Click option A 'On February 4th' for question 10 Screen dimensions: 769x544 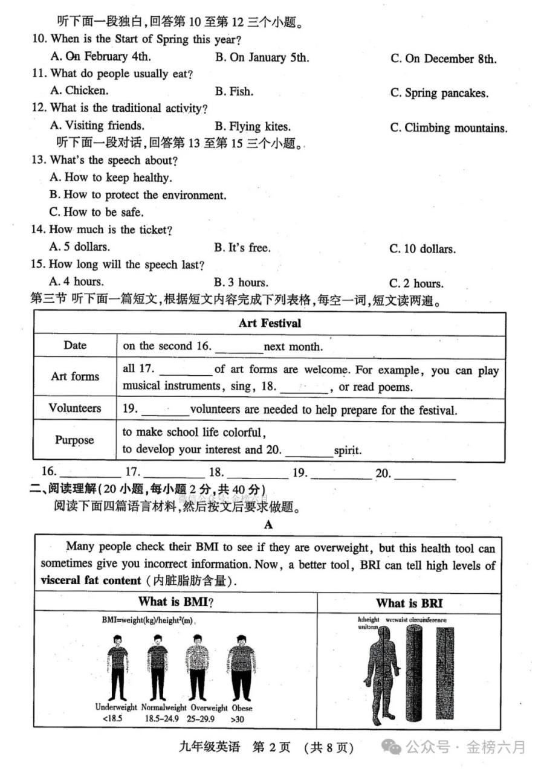click(100, 57)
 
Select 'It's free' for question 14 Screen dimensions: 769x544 click(242, 248)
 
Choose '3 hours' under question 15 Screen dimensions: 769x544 click(241, 282)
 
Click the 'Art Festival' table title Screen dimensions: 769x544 click(270, 323)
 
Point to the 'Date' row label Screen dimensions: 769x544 click(75, 346)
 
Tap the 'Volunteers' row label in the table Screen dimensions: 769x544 click(75, 408)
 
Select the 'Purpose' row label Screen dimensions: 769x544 click(75, 440)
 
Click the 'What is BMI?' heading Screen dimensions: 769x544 click(176, 602)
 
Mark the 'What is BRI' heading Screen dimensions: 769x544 click(409, 603)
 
